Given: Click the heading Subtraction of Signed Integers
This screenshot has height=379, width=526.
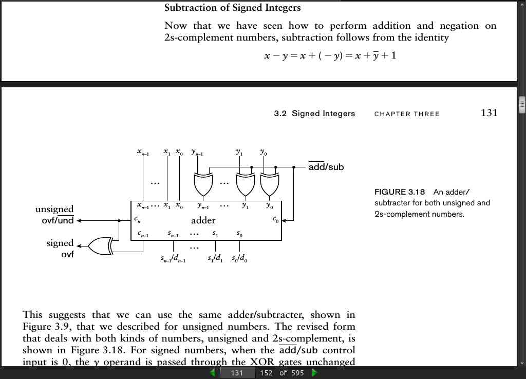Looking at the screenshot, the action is point(233,8).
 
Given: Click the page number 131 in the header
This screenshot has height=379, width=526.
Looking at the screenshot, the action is point(489,112).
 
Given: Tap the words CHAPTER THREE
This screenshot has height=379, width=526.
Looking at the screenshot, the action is point(407,114).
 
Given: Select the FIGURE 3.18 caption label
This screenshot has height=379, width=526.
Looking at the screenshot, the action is point(400,192).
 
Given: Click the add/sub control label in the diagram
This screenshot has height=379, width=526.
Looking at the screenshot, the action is point(326,166).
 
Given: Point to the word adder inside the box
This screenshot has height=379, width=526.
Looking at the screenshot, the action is point(203,220).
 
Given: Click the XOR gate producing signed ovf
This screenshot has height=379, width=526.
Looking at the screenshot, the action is point(100,246).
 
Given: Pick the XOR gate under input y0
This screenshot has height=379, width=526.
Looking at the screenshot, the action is point(270,184).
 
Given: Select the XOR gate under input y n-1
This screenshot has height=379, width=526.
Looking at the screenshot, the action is point(203,184).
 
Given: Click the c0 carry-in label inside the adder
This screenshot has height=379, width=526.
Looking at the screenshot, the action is point(275,219).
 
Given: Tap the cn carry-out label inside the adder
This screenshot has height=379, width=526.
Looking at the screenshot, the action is point(137,219).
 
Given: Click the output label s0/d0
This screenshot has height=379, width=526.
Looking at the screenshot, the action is point(239,258).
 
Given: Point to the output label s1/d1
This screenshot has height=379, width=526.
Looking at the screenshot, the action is point(215,258).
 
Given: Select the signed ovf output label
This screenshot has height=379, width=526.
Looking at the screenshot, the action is point(60,248).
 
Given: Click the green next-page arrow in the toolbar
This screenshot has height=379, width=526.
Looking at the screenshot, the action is point(314,373).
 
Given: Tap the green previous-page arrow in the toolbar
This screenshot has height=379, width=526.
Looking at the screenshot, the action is point(212,373).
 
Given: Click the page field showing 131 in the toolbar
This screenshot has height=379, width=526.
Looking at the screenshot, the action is point(237,373).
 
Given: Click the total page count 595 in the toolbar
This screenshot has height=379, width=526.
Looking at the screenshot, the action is point(297,373).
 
